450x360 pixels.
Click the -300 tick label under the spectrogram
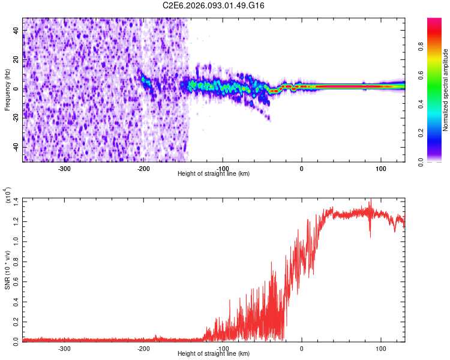(x=64, y=167)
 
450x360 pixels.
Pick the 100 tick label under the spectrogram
(x=380, y=167)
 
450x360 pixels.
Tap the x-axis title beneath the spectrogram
(x=214, y=173)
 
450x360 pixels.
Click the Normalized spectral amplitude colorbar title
(x=446, y=90)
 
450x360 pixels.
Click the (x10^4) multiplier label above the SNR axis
(x=8, y=196)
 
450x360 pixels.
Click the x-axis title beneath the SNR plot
(x=214, y=354)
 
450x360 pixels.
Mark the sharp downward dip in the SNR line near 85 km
(x=370, y=236)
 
